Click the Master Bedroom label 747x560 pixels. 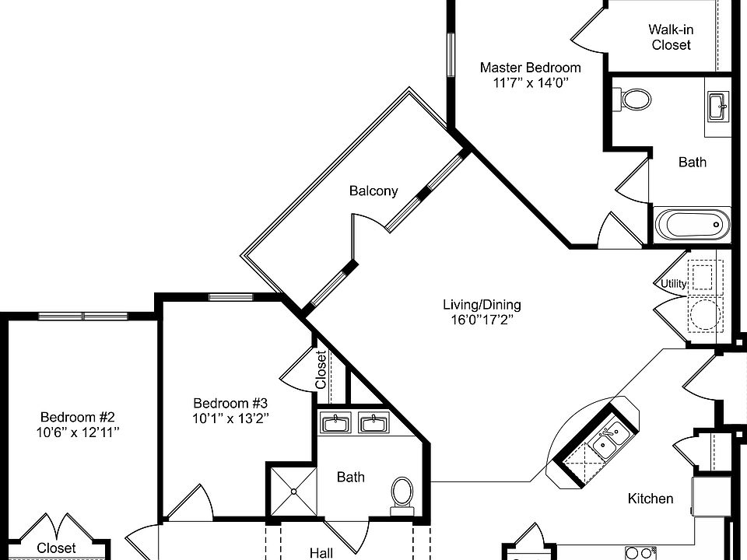click(x=530, y=68)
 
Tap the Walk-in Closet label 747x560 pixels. click(x=671, y=37)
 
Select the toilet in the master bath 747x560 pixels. click(x=636, y=100)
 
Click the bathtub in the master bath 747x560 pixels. click(x=692, y=226)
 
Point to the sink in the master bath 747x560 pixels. click(x=718, y=106)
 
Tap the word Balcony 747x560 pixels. click(x=373, y=191)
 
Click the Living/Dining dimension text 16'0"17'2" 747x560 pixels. click(x=482, y=319)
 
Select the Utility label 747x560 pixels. click(x=674, y=284)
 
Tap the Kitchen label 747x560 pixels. click(x=651, y=499)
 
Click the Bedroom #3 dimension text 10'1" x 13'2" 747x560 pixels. click(x=230, y=418)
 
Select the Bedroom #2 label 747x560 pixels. click(x=78, y=416)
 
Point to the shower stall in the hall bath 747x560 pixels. click(x=293, y=490)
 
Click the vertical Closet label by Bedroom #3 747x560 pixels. click(x=321, y=370)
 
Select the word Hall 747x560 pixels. click(x=321, y=553)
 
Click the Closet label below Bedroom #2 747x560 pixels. click(x=57, y=548)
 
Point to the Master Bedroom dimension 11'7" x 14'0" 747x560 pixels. click(x=530, y=83)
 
